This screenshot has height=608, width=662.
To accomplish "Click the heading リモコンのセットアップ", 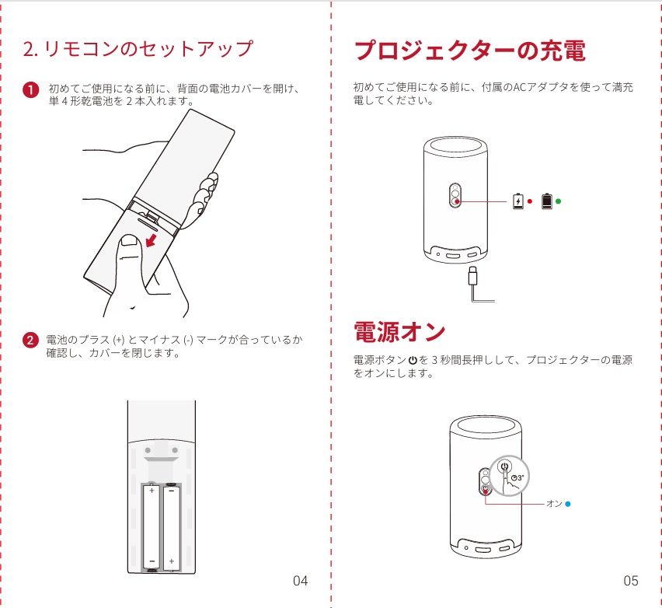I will pyautogui.click(x=138, y=49).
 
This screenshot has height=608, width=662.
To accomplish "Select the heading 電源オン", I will pyautogui.click(x=399, y=332).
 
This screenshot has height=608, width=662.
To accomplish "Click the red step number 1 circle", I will pyautogui.click(x=30, y=90).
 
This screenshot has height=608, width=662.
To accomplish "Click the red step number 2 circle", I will pyautogui.click(x=30, y=341).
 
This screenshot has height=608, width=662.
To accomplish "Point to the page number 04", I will pyautogui.click(x=300, y=581).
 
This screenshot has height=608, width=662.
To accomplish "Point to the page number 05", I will pyautogui.click(x=630, y=581).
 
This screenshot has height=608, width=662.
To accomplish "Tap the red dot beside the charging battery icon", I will pyautogui.click(x=530, y=201).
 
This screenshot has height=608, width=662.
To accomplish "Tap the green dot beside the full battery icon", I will pyautogui.click(x=558, y=201).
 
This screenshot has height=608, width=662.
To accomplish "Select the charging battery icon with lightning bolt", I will pyautogui.click(x=518, y=201).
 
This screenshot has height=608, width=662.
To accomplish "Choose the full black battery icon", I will pyautogui.click(x=547, y=201).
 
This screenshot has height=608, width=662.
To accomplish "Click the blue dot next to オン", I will pyautogui.click(x=568, y=504).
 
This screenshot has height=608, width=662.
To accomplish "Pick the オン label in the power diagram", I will pyautogui.click(x=554, y=504).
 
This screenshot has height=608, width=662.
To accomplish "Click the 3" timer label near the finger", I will pyautogui.click(x=517, y=477).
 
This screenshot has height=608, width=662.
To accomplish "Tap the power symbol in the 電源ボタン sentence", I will pyautogui.click(x=413, y=360).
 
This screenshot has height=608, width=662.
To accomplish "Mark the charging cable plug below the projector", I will pyautogui.click(x=472, y=275).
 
